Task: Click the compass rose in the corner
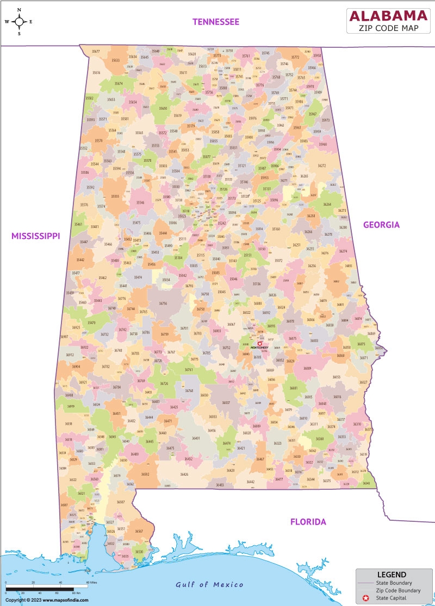[x=19, y=22]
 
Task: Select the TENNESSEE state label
[x=216, y=22]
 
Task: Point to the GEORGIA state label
[x=381, y=224]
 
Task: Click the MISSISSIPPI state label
[x=36, y=236]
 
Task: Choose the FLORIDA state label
[x=308, y=522]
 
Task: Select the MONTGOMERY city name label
[x=259, y=348]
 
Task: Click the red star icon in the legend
[x=366, y=598]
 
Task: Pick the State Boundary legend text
[x=398, y=583]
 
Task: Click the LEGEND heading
[x=391, y=575]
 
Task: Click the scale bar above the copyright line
[x=43, y=589]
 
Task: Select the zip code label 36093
[x=271, y=326]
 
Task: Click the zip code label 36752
[x=226, y=348]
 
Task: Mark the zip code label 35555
[x=115, y=197]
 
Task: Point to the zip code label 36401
[x=196, y=438]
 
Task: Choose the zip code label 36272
[x=321, y=166]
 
